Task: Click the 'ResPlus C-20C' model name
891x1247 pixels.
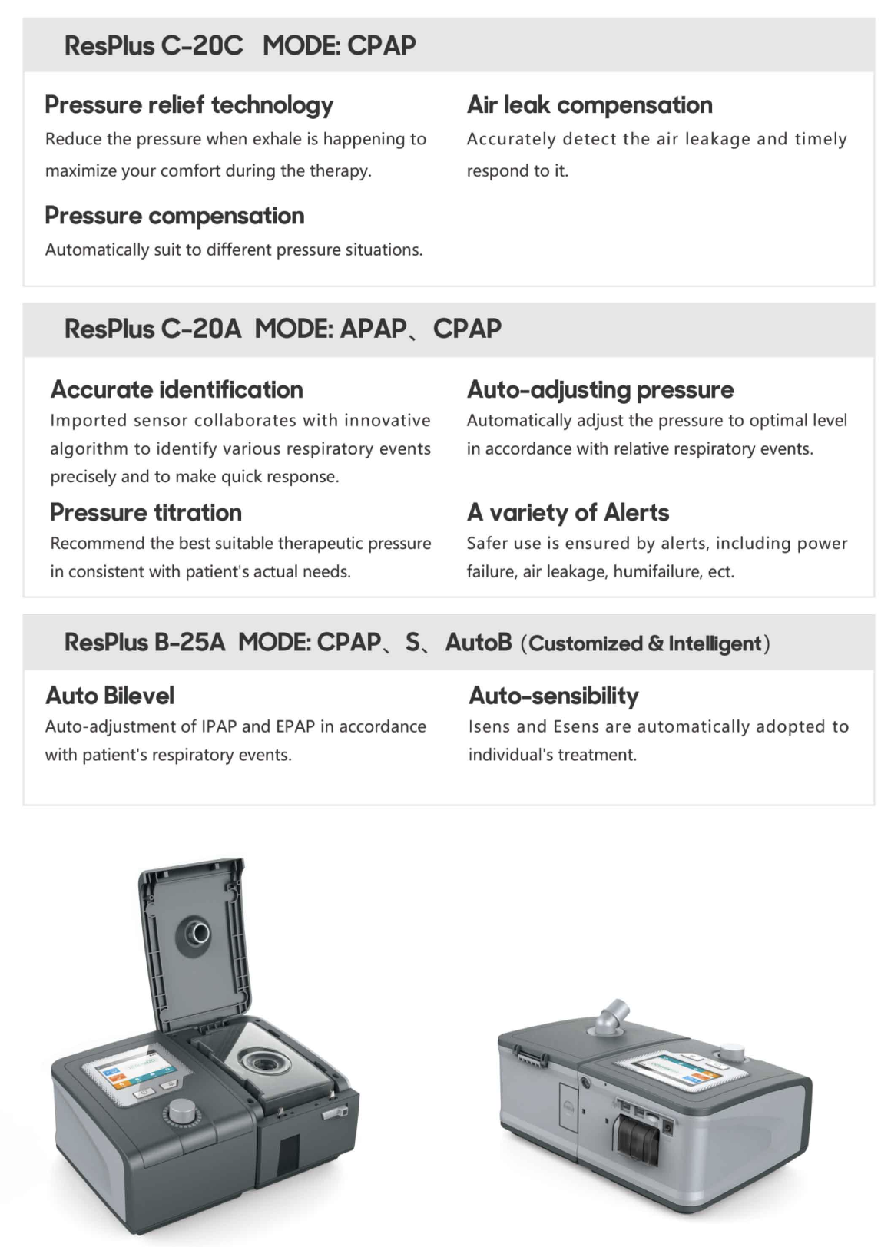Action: click(x=154, y=45)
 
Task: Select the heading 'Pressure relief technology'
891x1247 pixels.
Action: click(x=189, y=104)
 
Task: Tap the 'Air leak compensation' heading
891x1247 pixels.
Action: click(x=589, y=104)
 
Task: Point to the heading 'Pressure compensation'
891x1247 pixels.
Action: click(x=174, y=216)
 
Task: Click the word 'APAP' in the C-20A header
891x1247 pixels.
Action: click(x=373, y=329)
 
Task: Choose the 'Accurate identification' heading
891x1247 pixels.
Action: click(x=177, y=389)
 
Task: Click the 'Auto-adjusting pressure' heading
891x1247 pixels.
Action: click(x=600, y=389)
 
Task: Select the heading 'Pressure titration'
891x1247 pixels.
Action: click(x=146, y=512)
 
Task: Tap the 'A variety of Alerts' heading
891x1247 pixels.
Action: click(x=568, y=512)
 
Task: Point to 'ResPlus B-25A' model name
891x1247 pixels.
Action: click(x=145, y=642)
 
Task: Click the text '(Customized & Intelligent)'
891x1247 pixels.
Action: click(x=645, y=643)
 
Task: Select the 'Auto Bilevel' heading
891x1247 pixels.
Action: click(x=110, y=696)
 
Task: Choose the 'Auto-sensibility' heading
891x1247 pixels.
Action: click(x=553, y=696)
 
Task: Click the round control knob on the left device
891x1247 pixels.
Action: click(x=181, y=1111)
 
